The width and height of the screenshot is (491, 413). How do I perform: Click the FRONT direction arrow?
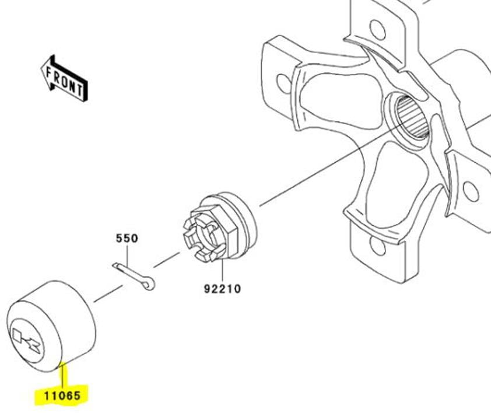point(64,78)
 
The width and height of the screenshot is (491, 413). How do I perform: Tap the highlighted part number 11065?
point(62,395)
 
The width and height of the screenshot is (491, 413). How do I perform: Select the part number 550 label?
point(127,239)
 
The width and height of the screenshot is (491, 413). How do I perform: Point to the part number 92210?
point(223,289)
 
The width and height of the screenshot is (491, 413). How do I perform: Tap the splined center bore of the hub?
point(412,117)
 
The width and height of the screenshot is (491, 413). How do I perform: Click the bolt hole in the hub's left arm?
point(284,83)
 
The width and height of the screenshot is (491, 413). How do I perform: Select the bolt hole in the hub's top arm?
point(378,30)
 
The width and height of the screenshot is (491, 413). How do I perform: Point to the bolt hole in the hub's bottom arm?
point(377,246)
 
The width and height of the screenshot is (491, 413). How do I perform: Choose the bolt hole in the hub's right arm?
point(471,191)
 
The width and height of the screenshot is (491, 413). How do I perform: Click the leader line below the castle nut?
point(222,270)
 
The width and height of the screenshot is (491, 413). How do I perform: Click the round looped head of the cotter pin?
point(150,284)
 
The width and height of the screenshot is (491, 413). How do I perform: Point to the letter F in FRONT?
point(49,73)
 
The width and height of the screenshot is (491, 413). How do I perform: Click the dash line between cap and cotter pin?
point(108,293)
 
